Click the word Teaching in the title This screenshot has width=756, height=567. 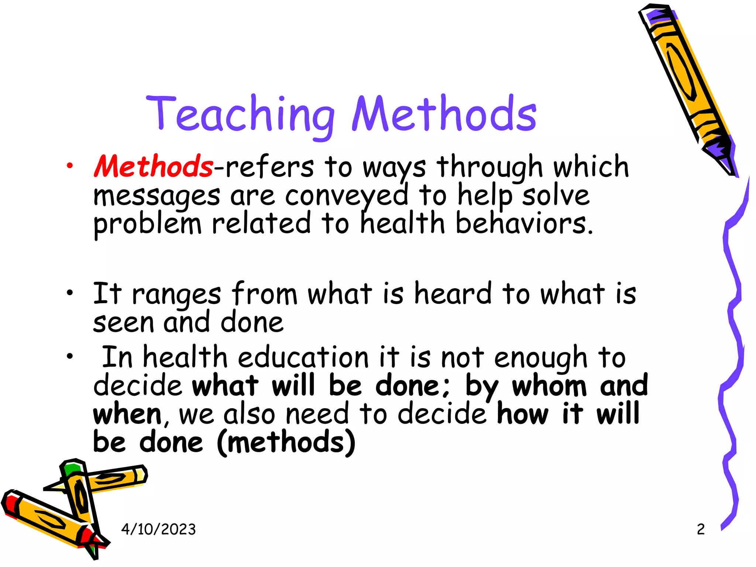(240, 114)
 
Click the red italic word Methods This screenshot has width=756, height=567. (153, 166)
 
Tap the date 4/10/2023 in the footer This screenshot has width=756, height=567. (158, 529)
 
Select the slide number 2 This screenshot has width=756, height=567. (701, 529)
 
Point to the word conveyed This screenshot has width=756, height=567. (346, 196)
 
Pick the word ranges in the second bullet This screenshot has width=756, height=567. (176, 295)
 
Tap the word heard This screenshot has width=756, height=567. (453, 294)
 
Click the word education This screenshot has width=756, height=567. (303, 357)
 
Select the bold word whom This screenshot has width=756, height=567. (549, 386)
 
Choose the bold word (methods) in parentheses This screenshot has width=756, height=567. (286, 442)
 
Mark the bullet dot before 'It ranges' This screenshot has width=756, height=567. (69, 293)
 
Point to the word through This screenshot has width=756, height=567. (489, 167)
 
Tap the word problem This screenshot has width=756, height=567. (147, 224)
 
